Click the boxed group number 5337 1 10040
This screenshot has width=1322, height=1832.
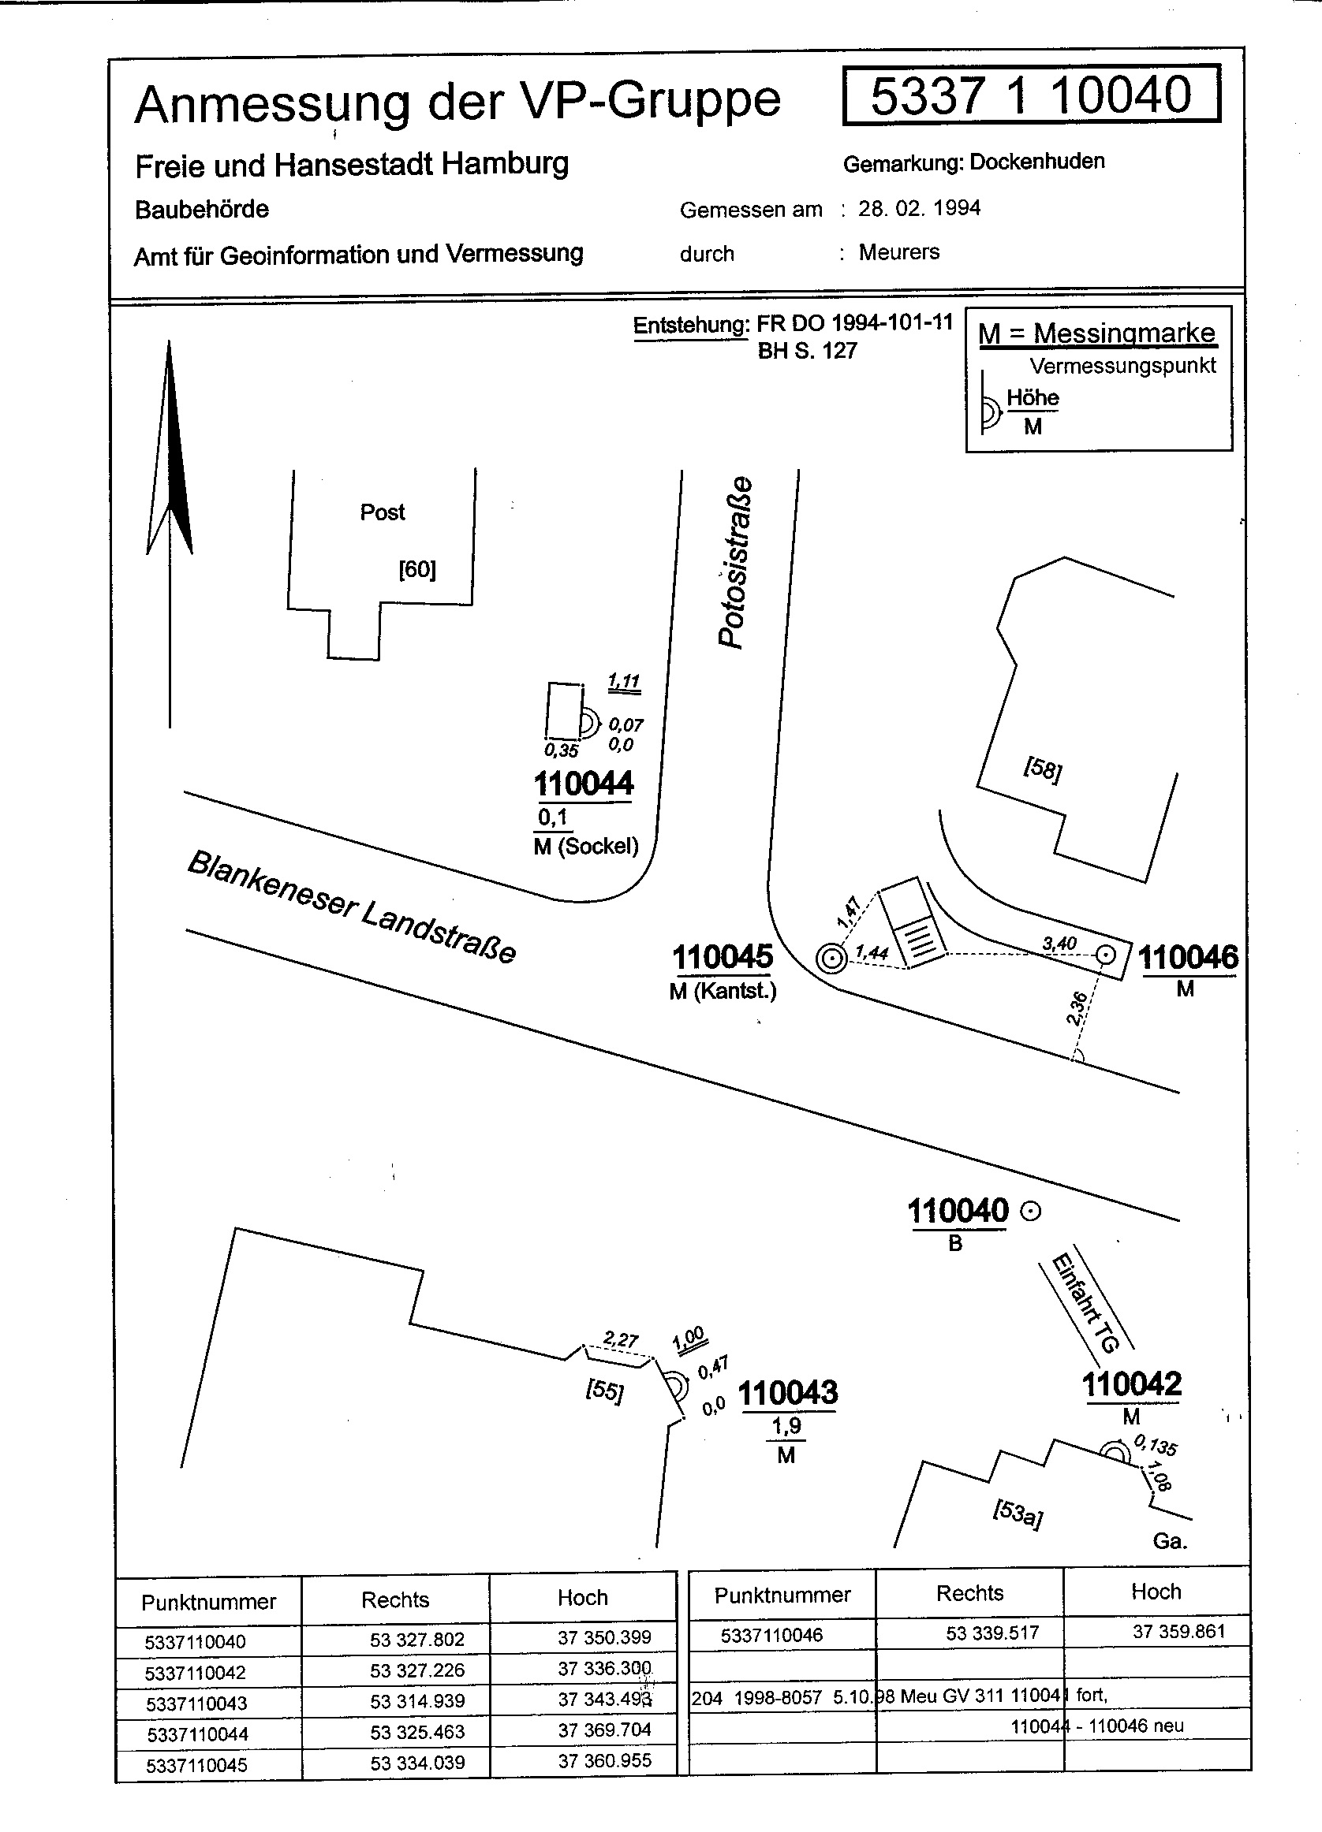tap(1030, 95)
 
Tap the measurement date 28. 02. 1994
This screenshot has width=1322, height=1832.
tap(919, 208)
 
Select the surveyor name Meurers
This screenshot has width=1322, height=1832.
tap(898, 252)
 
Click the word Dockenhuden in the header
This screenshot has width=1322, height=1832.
tap(1036, 162)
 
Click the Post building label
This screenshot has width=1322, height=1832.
tap(383, 512)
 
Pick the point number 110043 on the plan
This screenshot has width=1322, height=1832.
tap(788, 1393)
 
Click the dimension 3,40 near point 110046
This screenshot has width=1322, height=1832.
tap(1059, 943)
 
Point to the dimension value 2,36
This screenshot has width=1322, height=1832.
tap(1077, 1009)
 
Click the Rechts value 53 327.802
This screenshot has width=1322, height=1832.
tap(417, 1640)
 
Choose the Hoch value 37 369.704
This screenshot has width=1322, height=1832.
tap(604, 1730)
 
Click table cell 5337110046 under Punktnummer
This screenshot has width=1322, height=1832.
tap(771, 1635)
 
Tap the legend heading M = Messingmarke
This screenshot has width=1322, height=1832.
tap(1096, 333)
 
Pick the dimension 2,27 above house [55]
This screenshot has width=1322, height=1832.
tap(621, 1340)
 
